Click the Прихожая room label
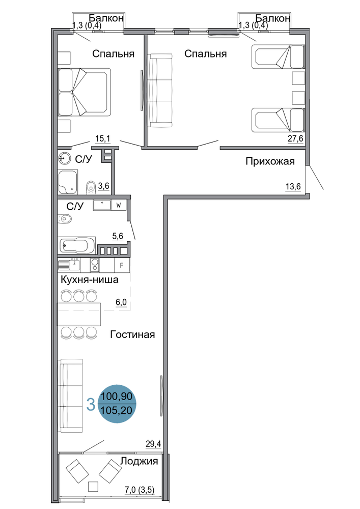(x=270, y=161)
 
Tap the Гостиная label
(x=132, y=334)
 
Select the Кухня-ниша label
(x=89, y=279)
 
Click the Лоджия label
(x=139, y=461)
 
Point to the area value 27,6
(x=295, y=138)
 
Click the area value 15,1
(x=102, y=139)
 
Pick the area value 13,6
(x=293, y=187)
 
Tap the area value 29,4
(x=153, y=444)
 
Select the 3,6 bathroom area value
(x=103, y=186)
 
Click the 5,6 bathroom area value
(x=118, y=236)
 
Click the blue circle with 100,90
(x=117, y=404)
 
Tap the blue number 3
(x=91, y=405)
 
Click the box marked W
(x=119, y=206)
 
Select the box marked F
(x=122, y=265)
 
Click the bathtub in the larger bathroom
(x=77, y=245)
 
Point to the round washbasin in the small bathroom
(x=65, y=159)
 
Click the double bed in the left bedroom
(x=85, y=92)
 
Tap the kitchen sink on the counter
(x=69, y=265)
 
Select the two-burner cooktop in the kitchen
(x=95, y=265)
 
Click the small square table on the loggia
(x=94, y=487)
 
